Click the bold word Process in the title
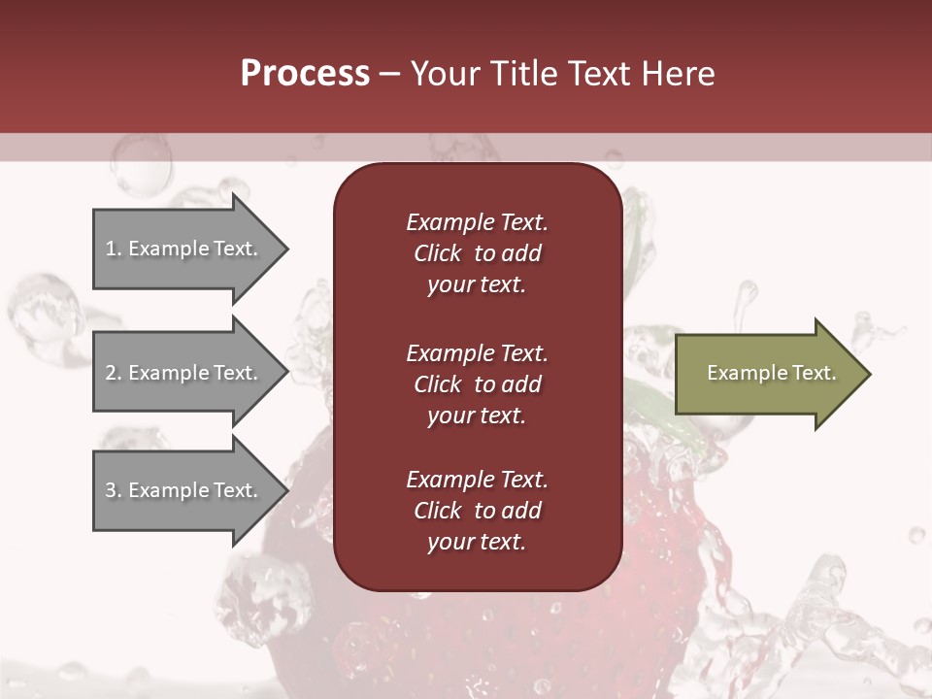305,74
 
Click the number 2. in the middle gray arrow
113,373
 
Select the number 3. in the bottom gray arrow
113,490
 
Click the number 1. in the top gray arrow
113,249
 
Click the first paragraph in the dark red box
477,253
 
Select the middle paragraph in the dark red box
477,384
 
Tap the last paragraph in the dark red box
477,511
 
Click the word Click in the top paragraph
438,253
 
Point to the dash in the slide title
389,75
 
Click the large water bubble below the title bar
141,165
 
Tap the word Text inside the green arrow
810,373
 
